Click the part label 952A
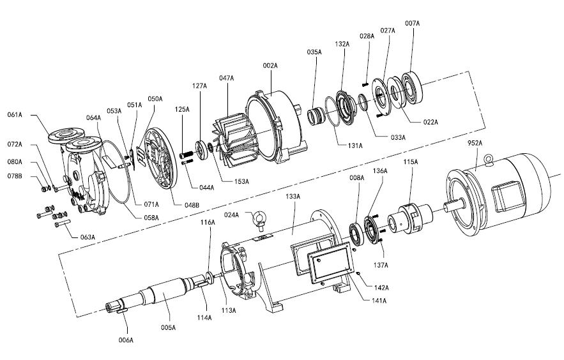point(475,143)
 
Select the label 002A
point(270,65)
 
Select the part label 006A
point(126,340)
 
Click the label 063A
point(87,237)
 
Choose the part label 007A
point(412,23)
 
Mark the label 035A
point(314,52)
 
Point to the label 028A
point(367,36)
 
